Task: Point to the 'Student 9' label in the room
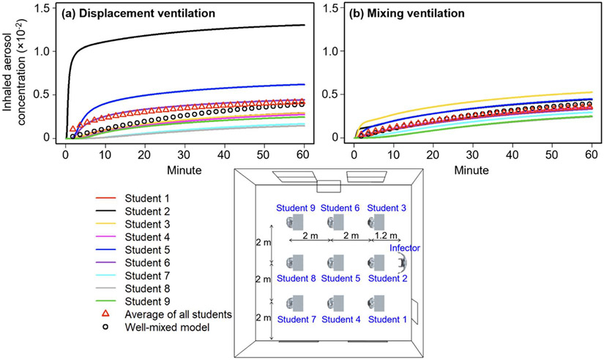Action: pos(297,209)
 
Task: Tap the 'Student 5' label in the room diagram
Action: pos(342,278)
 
